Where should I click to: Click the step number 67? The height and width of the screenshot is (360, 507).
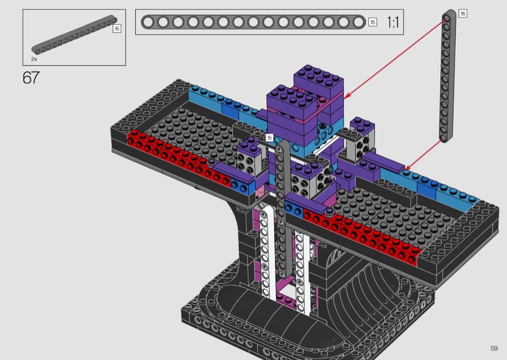pos(31,78)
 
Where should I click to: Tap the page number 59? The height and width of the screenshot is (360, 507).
pos(494,348)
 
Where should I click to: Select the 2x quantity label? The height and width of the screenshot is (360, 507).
pos(34,59)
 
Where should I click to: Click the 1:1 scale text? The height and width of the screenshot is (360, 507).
pos(393,22)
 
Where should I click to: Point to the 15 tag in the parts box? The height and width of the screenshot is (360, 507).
pos(117,28)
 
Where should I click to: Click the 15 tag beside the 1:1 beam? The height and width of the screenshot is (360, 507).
pos(372,22)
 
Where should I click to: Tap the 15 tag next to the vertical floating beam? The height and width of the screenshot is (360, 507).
pos(463,14)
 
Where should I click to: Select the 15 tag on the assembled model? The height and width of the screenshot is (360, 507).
pos(269,138)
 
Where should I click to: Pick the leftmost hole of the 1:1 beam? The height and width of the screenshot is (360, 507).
pos(148,22)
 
